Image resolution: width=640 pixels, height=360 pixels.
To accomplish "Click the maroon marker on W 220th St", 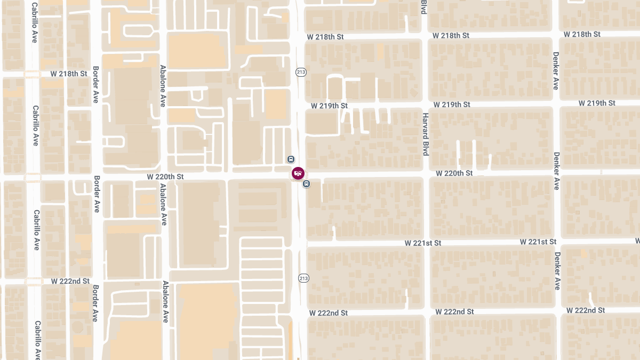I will [x=298, y=173].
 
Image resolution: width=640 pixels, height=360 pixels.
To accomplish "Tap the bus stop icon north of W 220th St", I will [x=291, y=159].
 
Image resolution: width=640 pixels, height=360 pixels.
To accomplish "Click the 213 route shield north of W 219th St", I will [x=301, y=72].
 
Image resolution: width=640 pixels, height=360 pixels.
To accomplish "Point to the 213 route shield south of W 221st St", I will [x=303, y=278].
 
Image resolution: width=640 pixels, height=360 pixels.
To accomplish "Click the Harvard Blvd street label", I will [x=425, y=134].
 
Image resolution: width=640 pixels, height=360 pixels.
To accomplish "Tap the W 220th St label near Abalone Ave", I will [x=165, y=176].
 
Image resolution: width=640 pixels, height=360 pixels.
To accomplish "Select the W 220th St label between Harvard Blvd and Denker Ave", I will [x=454, y=173].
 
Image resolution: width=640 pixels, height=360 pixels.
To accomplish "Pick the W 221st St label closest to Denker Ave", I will [x=538, y=242].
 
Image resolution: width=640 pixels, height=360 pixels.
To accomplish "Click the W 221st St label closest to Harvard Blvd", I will [x=423, y=243].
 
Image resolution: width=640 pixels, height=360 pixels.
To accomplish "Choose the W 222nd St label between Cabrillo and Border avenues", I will [x=70, y=281].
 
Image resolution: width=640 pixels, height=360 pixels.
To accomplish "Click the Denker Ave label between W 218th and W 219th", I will [x=556, y=70].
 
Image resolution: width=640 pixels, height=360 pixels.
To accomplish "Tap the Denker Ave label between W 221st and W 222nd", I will [x=557, y=270].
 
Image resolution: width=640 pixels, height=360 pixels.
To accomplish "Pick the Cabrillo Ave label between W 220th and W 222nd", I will [x=36, y=230].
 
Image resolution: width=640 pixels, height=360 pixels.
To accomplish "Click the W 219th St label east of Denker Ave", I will [x=597, y=103].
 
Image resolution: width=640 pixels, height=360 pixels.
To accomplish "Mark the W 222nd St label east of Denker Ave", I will [x=586, y=310].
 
